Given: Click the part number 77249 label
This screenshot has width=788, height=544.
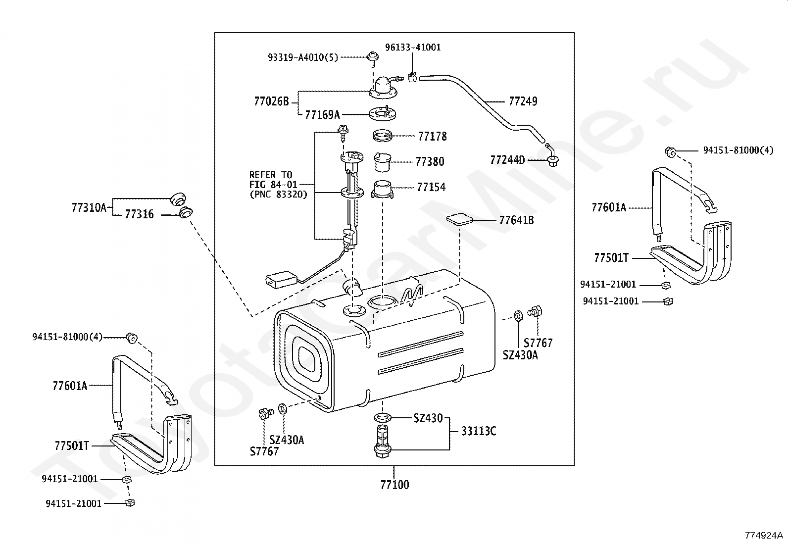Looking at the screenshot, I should coord(523,101).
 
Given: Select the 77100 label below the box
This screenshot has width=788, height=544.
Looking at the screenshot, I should coord(394,485).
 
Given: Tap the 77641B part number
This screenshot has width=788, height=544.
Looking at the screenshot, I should coord(516,220).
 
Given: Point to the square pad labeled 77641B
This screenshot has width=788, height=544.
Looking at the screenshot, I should coord(459,218).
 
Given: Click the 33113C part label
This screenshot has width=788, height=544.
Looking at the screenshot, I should coord(478,431).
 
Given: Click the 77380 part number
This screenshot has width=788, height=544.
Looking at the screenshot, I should coord(430,162).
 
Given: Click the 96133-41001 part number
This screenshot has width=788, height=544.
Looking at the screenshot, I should coord(413,48).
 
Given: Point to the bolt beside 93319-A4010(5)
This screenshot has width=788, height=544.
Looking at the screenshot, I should coord(372,59).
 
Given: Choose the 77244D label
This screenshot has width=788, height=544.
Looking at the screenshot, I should coord(507,160).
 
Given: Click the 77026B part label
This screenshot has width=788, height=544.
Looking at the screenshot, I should coord(271,102).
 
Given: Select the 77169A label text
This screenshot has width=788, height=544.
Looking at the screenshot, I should coord(322,115).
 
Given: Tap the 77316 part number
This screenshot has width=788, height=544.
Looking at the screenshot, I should coord(139,214).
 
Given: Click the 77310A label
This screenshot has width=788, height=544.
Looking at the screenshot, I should coord(89,208).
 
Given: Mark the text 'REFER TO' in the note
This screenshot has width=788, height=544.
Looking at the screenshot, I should coord(271,175).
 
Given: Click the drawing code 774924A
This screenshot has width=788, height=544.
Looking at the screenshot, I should coord(764,535).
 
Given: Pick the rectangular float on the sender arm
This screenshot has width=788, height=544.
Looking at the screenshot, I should coord(280,280).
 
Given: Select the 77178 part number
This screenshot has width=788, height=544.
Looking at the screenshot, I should coord(432,136).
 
